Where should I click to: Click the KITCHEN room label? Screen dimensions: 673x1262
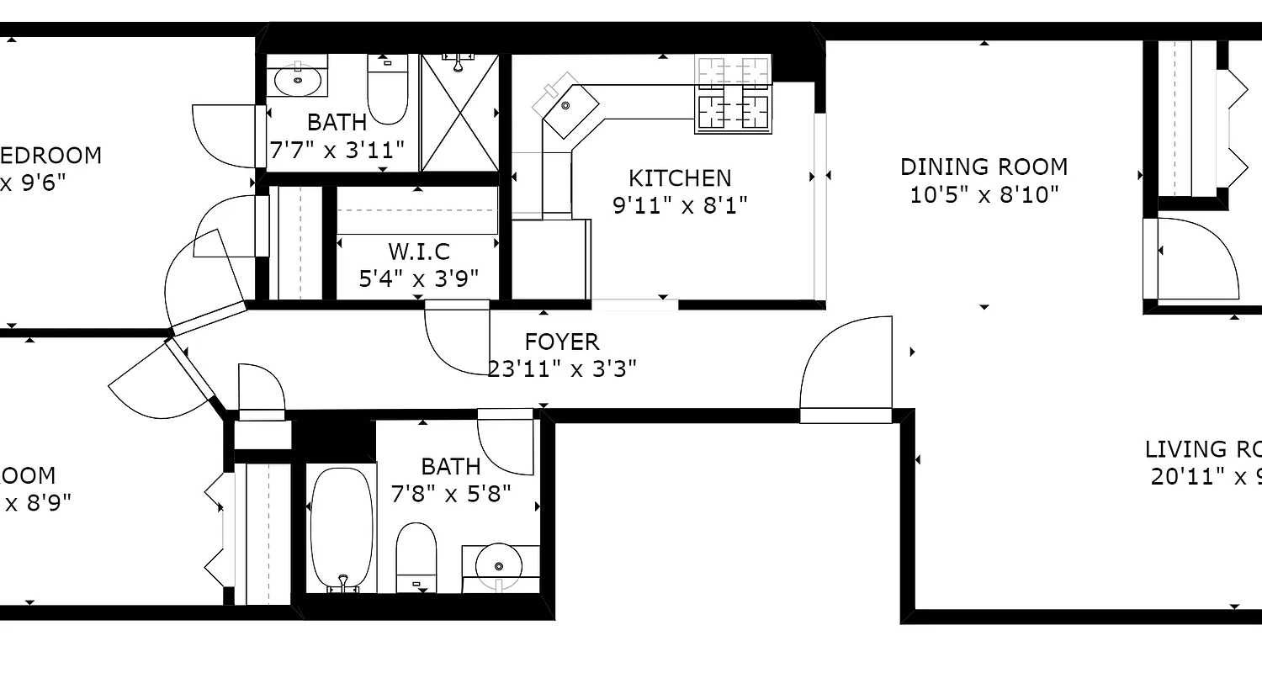pyautogui.click(x=680, y=178)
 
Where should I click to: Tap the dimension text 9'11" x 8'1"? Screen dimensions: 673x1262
pyautogui.click(x=680, y=205)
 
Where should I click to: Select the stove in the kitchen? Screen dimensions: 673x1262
pyautogui.click(x=732, y=94)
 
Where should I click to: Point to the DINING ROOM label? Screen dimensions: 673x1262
pyautogui.click(x=984, y=167)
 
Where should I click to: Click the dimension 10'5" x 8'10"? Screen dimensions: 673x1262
pyautogui.click(x=984, y=195)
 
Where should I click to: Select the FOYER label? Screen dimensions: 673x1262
pyautogui.click(x=561, y=342)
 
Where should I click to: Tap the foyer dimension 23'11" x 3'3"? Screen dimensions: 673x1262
pyautogui.click(x=561, y=368)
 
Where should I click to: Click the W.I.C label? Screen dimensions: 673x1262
pyautogui.click(x=418, y=252)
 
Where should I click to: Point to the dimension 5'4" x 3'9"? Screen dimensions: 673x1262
pyautogui.click(x=418, y=278)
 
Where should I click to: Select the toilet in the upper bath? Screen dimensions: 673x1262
pyautogui.click(x=388, y=87)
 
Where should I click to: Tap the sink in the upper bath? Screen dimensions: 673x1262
pyautogui.click(x=297, y=80)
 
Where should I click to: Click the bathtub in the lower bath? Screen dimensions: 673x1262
pyautogui.click(x=341, y=530)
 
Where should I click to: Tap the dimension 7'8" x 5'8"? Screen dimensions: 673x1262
pyautogui.click(x=451, y=492)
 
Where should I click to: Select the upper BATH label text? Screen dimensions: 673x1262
pyautogui.click(x=337, y=123)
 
